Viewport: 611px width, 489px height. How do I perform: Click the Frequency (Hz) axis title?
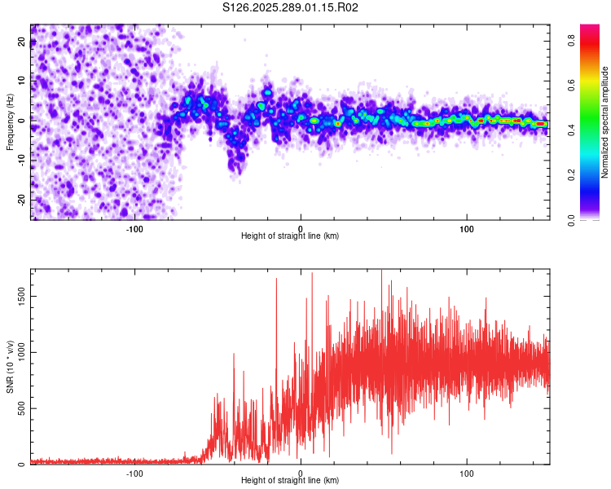(x=11, y=122)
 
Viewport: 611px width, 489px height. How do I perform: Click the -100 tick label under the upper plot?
(x=134, y=228)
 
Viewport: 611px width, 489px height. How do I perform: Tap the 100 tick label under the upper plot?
(x=467, y=228)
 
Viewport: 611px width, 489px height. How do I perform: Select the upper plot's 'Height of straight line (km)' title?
(x=290, y=236)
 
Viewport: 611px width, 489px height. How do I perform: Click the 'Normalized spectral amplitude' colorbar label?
(x=605, y=122)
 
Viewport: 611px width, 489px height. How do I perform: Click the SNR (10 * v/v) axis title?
(x=11, y=367)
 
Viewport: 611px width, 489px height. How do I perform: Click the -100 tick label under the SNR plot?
(x=134, y=473)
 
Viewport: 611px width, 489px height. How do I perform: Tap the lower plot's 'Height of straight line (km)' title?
(x=290, y=481)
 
